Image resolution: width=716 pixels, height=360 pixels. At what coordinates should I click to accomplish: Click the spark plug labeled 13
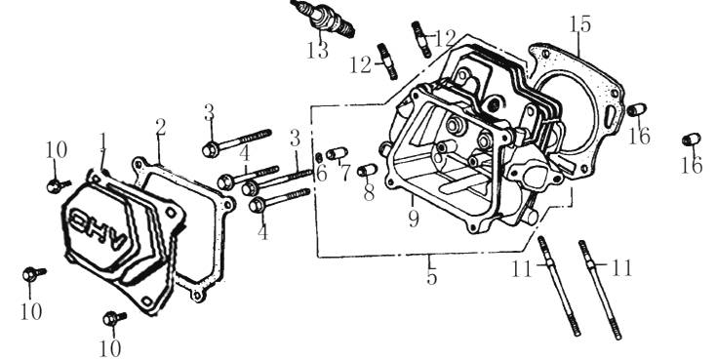[x=322, y=19]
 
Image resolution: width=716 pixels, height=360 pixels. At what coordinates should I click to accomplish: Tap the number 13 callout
[x=317, y=51]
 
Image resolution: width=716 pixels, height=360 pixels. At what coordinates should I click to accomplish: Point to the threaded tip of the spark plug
[x=347, y=30]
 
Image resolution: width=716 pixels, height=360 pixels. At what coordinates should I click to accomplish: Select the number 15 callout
[x=580, y=23]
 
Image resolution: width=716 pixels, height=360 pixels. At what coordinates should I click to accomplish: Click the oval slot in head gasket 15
[x=610, y=117]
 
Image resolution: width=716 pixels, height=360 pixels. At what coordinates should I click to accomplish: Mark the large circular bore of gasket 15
[x=566, y=110]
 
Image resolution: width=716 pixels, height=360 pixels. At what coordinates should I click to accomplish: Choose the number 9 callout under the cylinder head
[x=414, y=219]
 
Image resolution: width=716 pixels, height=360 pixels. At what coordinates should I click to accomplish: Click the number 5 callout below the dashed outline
[x=431, y=277]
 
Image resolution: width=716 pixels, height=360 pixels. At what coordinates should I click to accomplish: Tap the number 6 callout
[x=322, y=174]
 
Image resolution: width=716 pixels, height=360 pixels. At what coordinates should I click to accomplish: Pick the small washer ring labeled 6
[x=319, y=158]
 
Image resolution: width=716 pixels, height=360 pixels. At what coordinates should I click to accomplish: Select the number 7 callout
[x=345, y=173]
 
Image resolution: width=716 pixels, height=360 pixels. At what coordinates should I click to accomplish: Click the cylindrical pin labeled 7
[x=337, y=152]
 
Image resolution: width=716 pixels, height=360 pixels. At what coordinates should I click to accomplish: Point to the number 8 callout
[x=369, y=193]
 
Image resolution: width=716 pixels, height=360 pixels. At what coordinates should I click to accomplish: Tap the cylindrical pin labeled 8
[x=367, y=170]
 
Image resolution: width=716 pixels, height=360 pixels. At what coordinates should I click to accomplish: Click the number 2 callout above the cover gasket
[x=160, y=128]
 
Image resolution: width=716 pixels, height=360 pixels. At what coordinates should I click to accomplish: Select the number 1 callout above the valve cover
[x=103, y=140]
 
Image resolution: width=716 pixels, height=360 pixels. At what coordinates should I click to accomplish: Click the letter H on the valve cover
[x=100, y=226]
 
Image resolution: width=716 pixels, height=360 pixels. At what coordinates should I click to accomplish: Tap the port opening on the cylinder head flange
[x=533, y=176]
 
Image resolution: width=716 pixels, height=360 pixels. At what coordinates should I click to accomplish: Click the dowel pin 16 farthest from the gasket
[x=691, y=139]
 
